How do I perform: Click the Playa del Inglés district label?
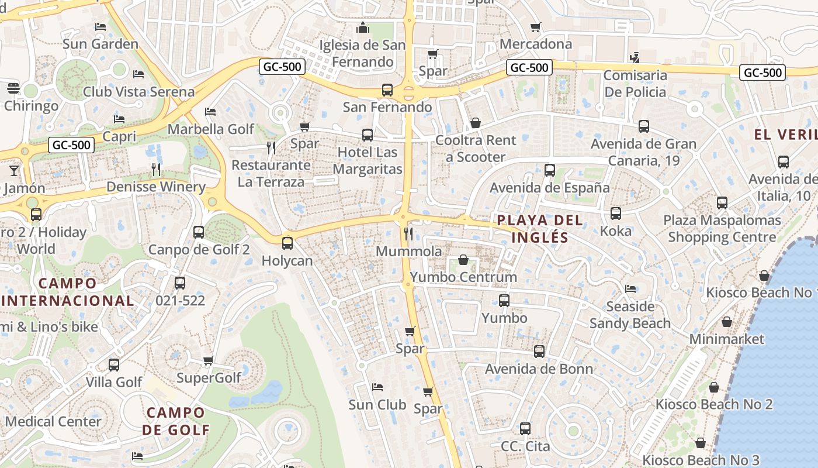(x=539, y=229)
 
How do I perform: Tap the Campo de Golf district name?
(x=176, y=421)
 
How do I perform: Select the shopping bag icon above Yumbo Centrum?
(x=463, y=259)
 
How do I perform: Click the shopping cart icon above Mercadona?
(x=535, y=27)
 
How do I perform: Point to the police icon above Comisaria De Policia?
(x=635, y=57)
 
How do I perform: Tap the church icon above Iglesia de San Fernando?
(x=363, y=27)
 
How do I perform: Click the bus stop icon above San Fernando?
(x=387, y=90)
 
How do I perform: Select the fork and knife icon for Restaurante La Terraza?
(x=271, y=147)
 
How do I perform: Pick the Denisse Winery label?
(x=155, y=187)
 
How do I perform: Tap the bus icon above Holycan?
(x=287, y=243)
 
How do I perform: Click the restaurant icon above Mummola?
(x=408, y=234)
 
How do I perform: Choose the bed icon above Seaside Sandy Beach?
(x=630, y=289)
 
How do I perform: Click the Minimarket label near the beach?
(x=727, y=339)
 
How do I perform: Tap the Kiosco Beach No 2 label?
(x=713, y=404)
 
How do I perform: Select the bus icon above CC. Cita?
(x=525, y=429)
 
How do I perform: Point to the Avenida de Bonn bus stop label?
(x=539, y=369)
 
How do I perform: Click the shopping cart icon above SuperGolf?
(x=209, y=360)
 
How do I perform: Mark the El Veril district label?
(x=785, y=135)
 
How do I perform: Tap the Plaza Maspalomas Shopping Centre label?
(x=722, y=229)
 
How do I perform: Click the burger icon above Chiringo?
(x=13, y=88)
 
